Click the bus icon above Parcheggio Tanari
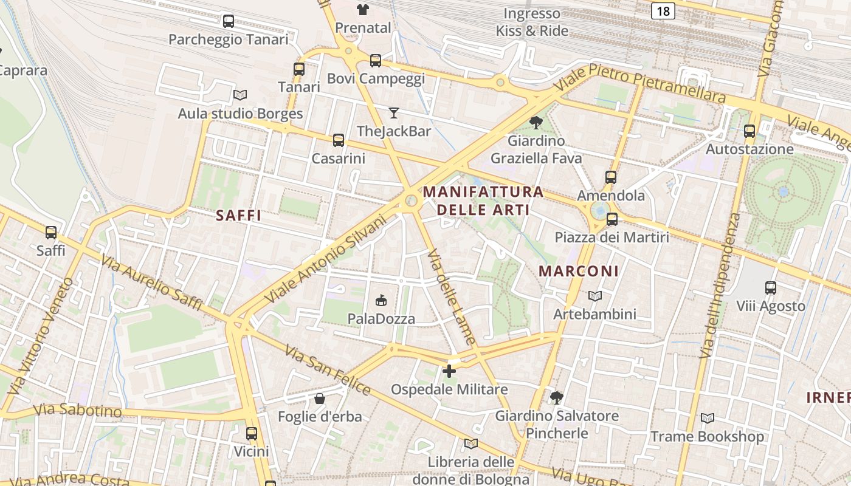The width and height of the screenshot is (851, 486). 229,21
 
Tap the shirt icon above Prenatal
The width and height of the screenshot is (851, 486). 363,9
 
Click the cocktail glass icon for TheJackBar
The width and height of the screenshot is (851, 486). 394,112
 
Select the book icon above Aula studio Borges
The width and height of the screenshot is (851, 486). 240,95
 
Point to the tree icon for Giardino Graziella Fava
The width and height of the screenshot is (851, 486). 536,123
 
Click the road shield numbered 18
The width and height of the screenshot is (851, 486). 664,10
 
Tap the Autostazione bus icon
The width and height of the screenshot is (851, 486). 749,131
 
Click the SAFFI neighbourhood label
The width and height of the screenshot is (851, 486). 238,216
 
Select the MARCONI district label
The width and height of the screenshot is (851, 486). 579,272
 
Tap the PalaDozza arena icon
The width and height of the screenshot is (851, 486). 381,300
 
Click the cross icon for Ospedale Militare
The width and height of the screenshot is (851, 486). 449,371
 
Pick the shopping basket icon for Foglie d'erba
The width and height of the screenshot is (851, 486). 320,399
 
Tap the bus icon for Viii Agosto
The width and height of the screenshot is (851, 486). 771,287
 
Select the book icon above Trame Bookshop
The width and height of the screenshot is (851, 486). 708,418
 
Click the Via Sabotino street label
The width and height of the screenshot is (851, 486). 78,411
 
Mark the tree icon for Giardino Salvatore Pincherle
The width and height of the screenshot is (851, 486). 556,398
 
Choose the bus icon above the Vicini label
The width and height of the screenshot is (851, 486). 252,433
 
